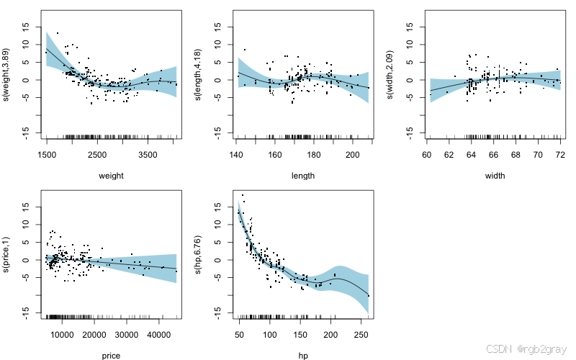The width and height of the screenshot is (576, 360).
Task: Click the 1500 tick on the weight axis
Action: point(47,154)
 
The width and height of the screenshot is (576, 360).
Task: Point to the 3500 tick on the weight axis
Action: point(148,154)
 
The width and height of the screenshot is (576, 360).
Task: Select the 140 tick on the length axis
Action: point(236,154)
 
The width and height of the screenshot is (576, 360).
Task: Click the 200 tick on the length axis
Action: point(353,154)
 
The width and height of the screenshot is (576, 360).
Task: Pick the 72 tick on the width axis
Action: point(559,154)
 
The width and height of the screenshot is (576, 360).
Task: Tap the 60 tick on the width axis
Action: point(426,154)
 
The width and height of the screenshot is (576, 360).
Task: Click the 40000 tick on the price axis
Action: point(159,334)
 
